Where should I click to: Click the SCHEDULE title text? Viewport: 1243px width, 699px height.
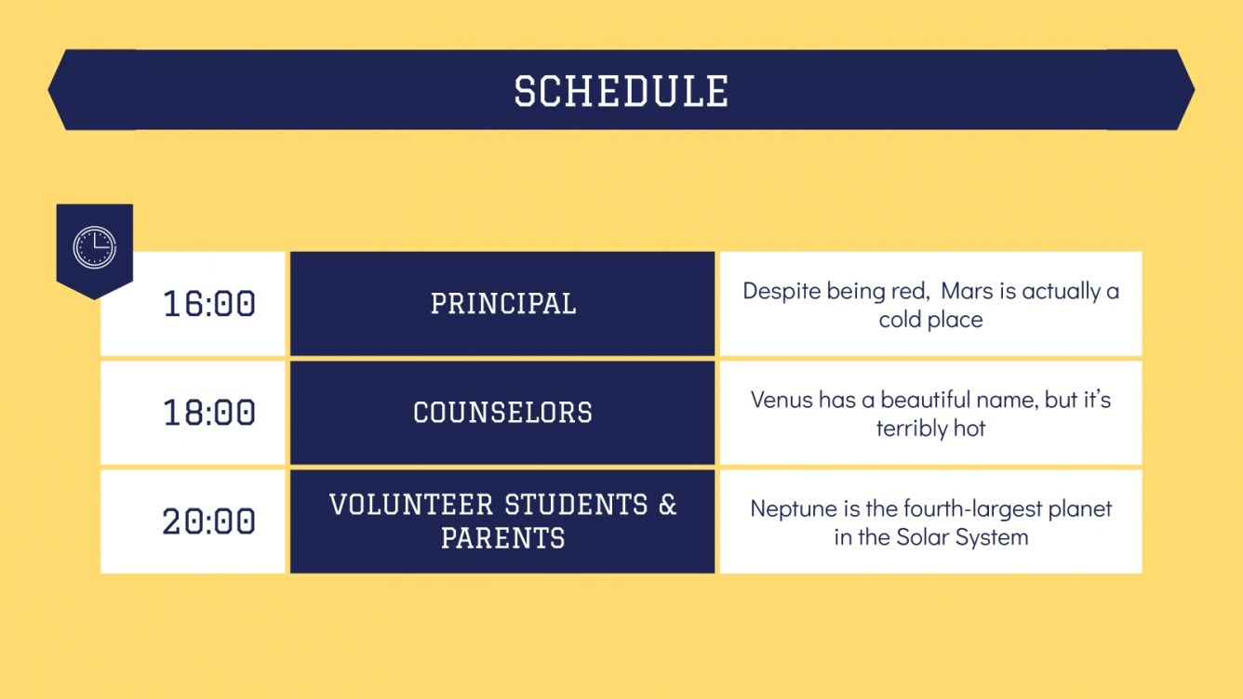pyautogui.click(x=621, y=91)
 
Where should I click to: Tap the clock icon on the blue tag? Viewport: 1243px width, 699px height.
pyautogui.click(x=95, y=248)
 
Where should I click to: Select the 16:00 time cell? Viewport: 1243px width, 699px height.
pyautogui.click(x=209, y=304)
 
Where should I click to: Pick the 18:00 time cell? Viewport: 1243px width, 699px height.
pyautogui.click(x=209, y=413)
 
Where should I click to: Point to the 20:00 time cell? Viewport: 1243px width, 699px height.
pyautogui.click(x=209, y=521)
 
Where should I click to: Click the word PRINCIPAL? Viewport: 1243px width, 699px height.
pyautogui.click(x=503, y=304)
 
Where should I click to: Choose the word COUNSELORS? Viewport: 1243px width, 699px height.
pyautogui.click(x=503, y=413)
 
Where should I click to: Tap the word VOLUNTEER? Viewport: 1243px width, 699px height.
pyautogui.click(x=411, y=505)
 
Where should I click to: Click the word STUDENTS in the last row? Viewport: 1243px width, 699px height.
pyautogui.click(x=576, y=505)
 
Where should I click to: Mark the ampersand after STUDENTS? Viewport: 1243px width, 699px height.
pyautogui.click(x=668, y=505)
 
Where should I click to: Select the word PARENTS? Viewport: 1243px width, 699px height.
pyautogui.click(x=503, y=538)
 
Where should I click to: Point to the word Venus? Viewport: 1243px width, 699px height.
pyautogui.click(x=782, y=400)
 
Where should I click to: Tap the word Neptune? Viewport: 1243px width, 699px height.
pyautogui.click(x=789, y=509)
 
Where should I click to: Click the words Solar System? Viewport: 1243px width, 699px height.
pyautogui.click(x=962, y=537)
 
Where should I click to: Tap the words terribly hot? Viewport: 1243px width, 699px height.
pyautogui.click(x=930, y=429)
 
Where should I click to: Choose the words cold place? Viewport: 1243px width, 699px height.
pyautogui.click(x=930, y=320)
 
